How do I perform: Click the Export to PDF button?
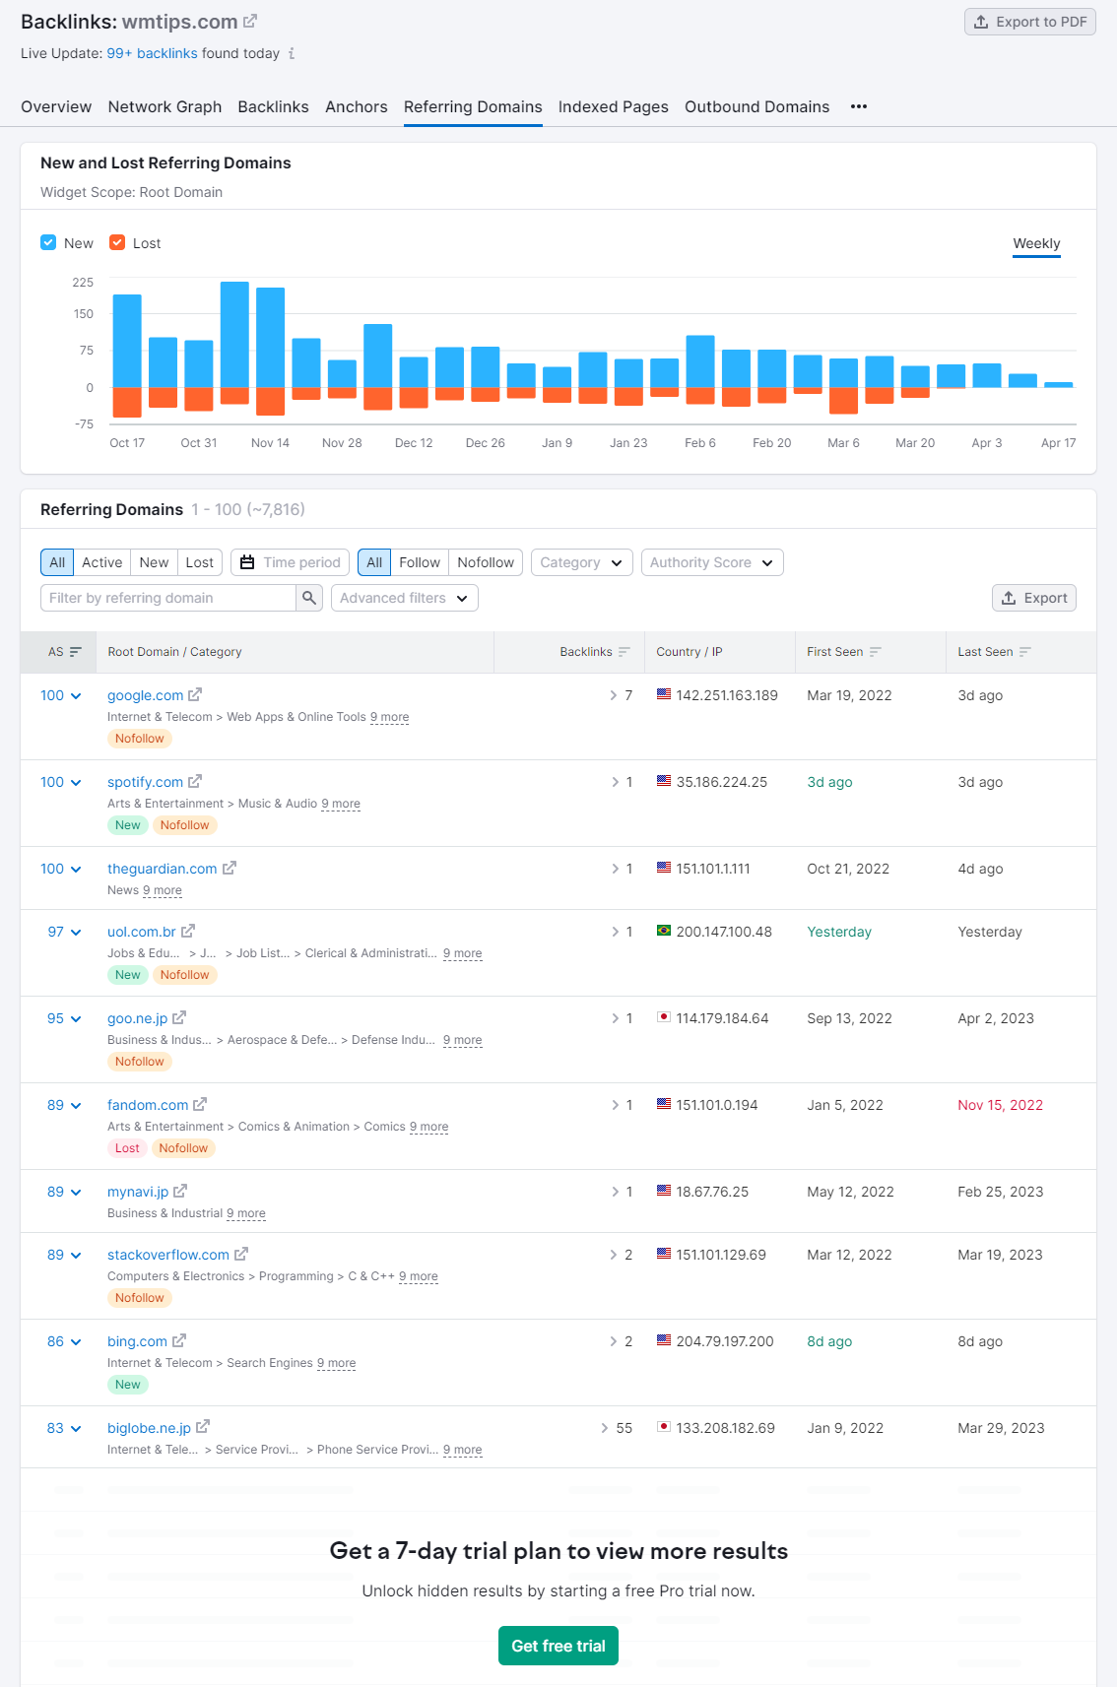click(1029, 22)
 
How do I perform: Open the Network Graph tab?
click(164, 106)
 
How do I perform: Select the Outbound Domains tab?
click(756, 106)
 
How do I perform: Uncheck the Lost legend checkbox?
click(117, 242)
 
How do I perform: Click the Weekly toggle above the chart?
click(1036, 243)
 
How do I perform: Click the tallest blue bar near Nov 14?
click(234, 334)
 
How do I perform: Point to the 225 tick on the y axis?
click(83, 283)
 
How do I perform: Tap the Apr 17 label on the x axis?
click(1058, 443)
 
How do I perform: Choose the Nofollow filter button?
click(485, 562)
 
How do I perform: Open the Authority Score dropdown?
click(711, 562)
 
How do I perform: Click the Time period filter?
click(291, 562)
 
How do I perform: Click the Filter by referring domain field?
click(167, 598)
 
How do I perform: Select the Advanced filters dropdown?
click(404, 598)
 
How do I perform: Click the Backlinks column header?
click(586, 652)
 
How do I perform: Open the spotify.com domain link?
click(145, 782)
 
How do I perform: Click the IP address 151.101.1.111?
click(712, 869)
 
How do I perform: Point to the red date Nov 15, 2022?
click(1000, 1105)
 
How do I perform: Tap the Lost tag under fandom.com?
click(127, 1148)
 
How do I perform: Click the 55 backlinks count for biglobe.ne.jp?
click(624, 1428)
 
